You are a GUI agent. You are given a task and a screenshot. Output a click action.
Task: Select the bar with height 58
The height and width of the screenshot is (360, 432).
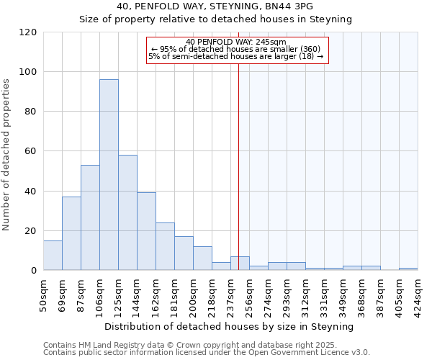127,212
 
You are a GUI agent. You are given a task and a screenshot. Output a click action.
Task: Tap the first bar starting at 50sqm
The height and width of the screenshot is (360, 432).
53,256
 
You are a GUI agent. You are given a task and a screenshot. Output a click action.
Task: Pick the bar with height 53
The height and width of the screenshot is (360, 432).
90,217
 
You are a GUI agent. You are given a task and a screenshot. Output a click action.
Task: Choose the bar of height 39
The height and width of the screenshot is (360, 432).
146,231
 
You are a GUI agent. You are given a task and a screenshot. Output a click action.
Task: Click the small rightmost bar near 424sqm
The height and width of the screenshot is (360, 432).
408,269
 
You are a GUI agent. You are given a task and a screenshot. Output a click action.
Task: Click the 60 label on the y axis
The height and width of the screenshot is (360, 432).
31,151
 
